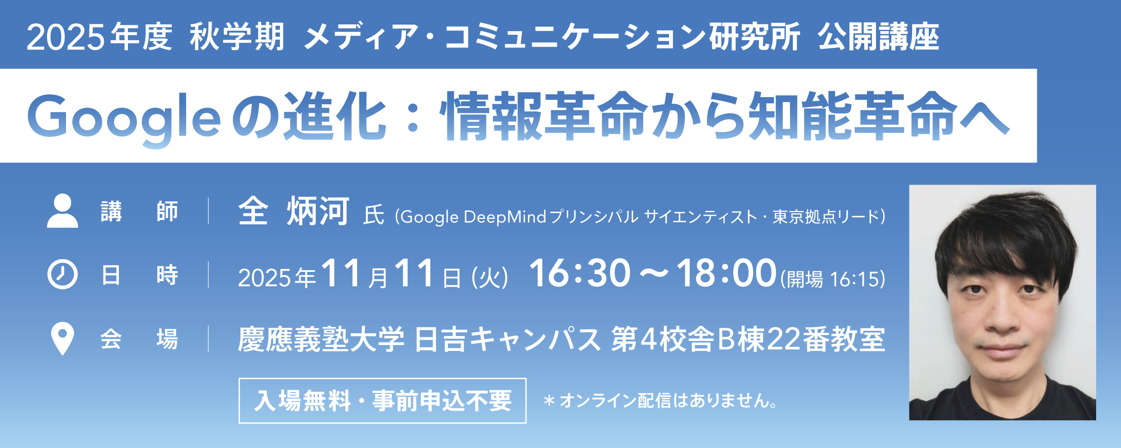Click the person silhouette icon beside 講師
coord(62,210)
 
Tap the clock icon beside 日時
coord(62,274)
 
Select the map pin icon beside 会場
coord(62,339)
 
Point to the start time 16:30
coord(579,273)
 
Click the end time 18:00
coord(726,273)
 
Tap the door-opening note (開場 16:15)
coord(833,279)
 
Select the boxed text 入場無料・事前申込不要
coord(382,401)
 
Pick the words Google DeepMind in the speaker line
coord(473,217)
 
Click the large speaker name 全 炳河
coord(294,211)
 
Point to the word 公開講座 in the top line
coord(878,37)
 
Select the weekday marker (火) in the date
coord(490,278)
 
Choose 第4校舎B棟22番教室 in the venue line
coord(748,339)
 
